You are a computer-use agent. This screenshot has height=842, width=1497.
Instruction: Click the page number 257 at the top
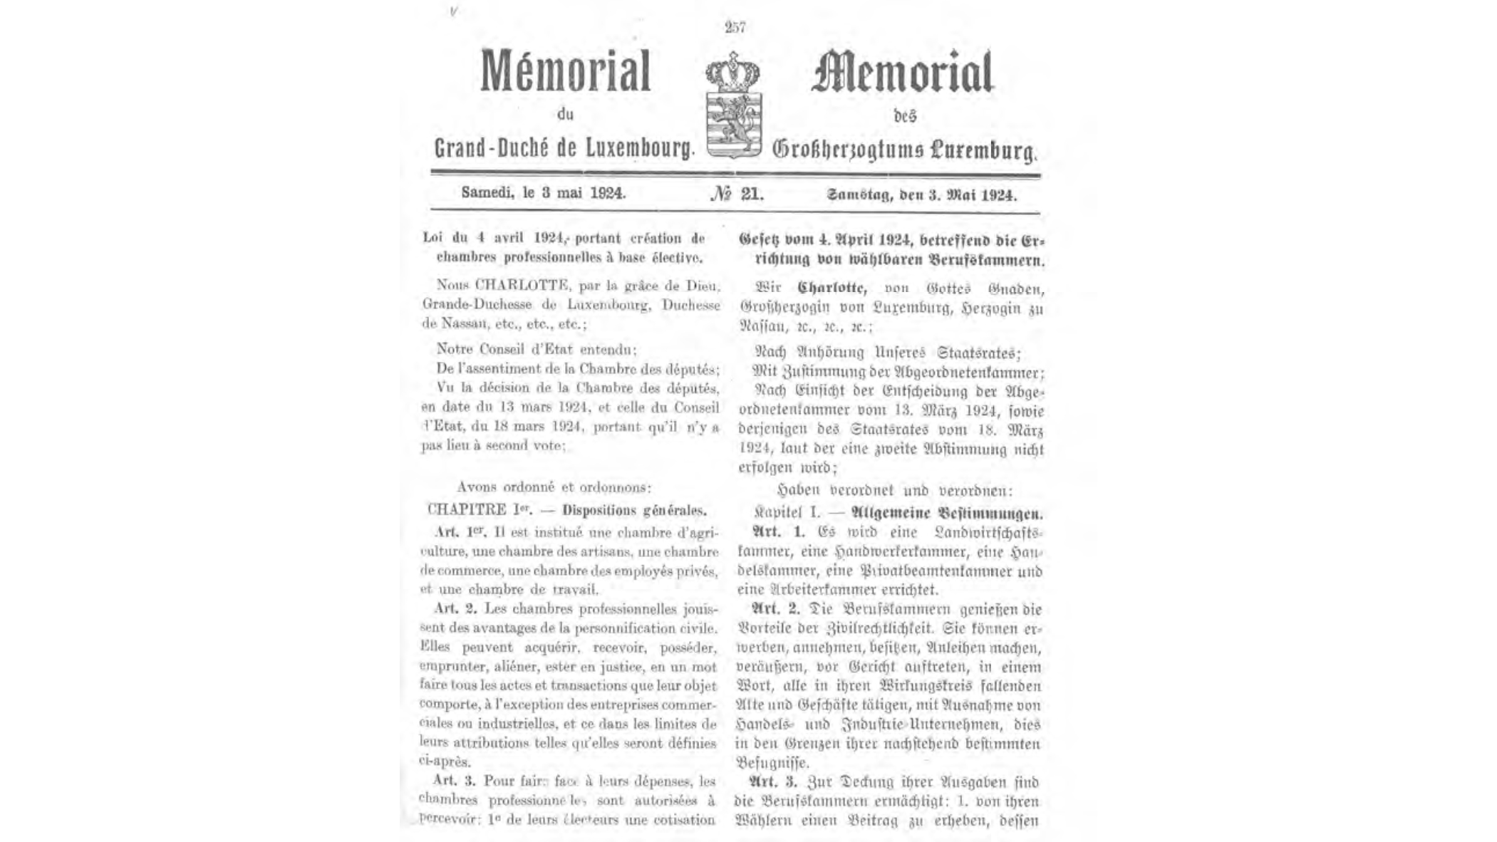point(735,27)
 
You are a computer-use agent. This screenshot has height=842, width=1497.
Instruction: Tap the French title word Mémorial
point(566,71)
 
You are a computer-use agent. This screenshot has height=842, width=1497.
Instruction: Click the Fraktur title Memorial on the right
point(902,73)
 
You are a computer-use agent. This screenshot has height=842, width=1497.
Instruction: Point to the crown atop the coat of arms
point(732,72)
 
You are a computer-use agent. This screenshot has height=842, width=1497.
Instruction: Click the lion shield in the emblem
point(734,123)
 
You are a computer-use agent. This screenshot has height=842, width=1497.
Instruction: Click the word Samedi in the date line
point(487,192)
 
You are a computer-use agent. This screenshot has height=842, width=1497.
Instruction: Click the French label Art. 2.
point(455,609)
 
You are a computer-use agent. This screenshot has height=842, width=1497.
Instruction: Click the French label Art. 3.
point(455,781)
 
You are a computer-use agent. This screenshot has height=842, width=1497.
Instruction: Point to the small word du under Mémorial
point(565,114)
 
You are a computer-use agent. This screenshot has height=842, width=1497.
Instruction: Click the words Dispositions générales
point(634,510)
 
